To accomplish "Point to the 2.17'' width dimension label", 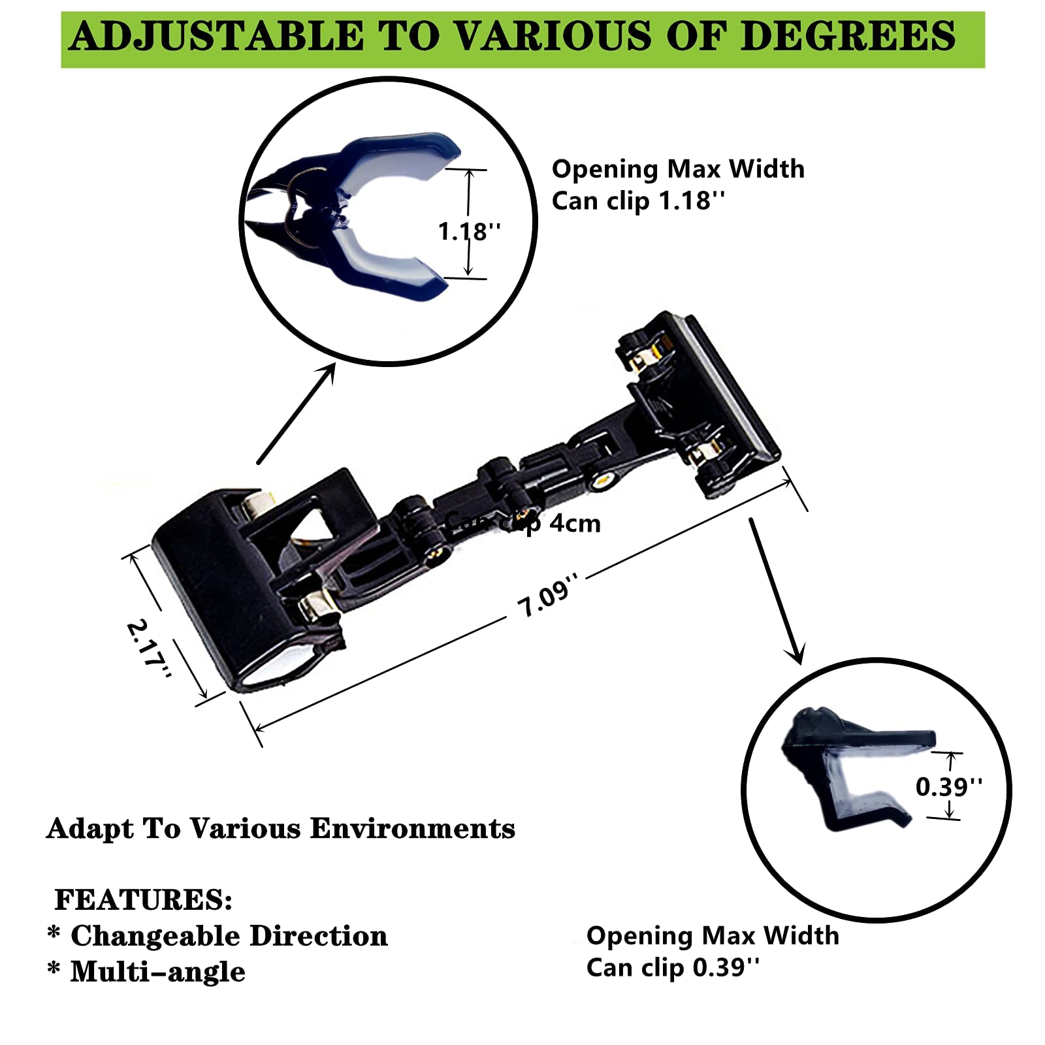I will click(149, 648).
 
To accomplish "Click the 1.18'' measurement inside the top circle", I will click(469, 231).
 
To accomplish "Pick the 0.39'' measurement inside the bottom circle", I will click(948, 786).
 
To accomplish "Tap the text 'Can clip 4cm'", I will click(522, 523).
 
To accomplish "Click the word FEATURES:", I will click(144, 899).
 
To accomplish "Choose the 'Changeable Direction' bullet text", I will click(229, 936).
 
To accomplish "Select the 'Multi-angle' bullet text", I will click(157, 972).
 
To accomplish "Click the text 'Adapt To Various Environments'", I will click(281, 829).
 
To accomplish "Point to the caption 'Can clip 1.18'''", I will click(638, 201).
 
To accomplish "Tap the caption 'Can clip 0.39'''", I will click(673, 967).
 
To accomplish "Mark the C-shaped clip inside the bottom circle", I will click(849, 771).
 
